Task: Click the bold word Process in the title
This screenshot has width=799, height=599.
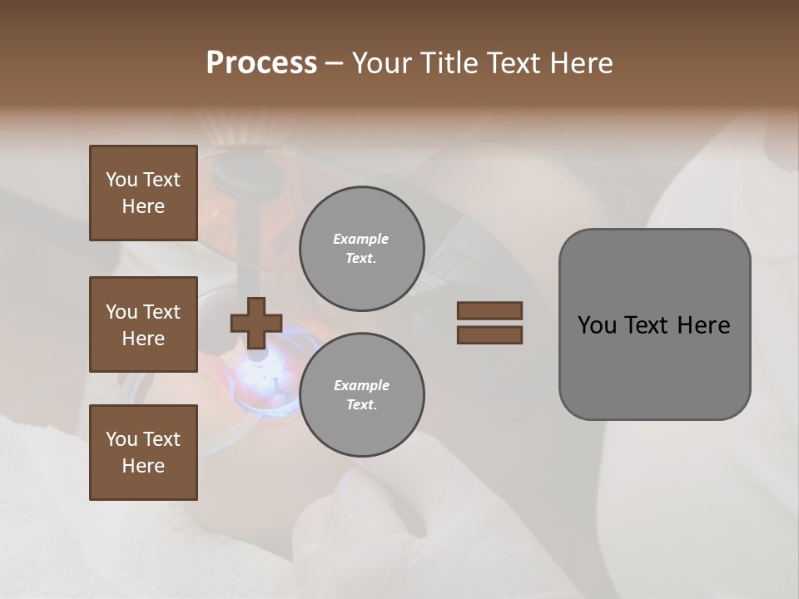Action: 261,63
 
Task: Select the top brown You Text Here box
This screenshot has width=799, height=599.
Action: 143,193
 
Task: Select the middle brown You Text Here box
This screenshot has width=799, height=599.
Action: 143,324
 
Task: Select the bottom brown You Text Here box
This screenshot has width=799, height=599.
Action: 143,453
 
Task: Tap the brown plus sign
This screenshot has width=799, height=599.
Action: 256,323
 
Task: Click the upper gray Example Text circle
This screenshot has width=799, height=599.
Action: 361,249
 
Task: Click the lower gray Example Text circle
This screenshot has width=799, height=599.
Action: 361,395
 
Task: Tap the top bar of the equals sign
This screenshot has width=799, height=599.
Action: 489,310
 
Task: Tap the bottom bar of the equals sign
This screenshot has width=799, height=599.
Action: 489,335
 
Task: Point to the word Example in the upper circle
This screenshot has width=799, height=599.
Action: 361,239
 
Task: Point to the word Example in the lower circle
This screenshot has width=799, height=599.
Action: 361,385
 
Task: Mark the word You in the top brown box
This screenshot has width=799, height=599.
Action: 122,180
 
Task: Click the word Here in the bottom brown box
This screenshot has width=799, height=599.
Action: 143,466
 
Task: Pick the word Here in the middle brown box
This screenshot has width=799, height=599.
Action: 143,339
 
